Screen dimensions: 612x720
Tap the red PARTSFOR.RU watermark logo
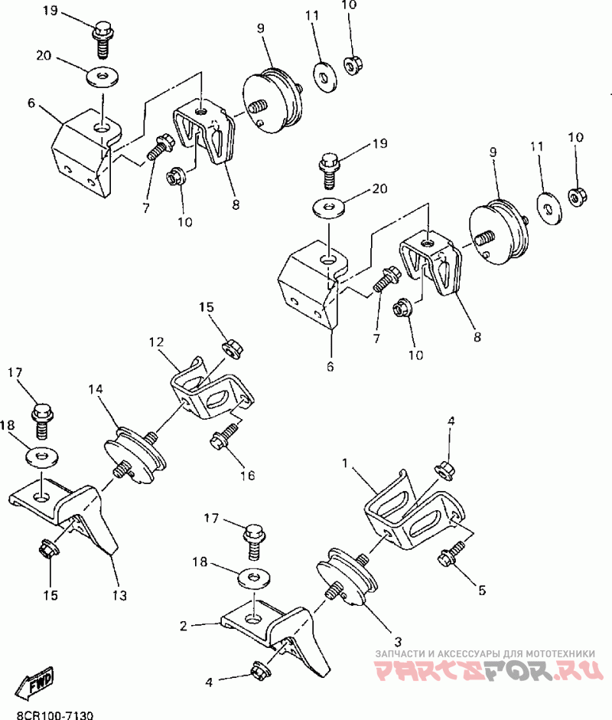tap(486, 672)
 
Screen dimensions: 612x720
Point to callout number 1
tap(346, 463)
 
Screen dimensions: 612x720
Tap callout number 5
tap(481, 590)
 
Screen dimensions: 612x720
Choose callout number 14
tap(95, 389)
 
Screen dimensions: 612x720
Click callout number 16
tap(246, 475)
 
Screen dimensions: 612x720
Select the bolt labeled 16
tap(224, 439)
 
